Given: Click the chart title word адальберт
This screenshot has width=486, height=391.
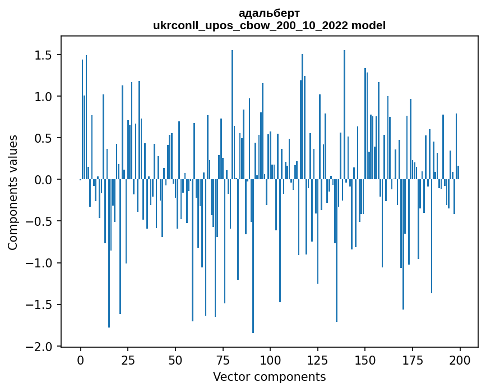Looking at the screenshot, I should pos(269,13).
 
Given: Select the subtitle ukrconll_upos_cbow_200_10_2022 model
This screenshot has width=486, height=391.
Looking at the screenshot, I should pos(269,25).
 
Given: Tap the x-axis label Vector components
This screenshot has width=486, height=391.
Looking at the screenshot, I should pos(269,376).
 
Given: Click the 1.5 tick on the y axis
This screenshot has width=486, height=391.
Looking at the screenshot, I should pos(44,55).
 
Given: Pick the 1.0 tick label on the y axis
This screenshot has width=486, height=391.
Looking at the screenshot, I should pos(44,97).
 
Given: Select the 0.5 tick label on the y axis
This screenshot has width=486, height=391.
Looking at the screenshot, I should pos(44,138).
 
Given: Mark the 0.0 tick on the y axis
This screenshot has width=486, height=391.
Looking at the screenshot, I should pos(44,180).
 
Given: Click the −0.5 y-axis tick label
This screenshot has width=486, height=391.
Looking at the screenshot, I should pos(40,221).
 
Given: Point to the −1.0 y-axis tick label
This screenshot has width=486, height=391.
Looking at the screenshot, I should pos(40,263).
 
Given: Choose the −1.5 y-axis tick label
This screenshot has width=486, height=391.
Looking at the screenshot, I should pos(40,304).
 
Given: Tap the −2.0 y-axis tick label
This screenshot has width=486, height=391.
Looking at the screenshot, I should pos(40,346).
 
